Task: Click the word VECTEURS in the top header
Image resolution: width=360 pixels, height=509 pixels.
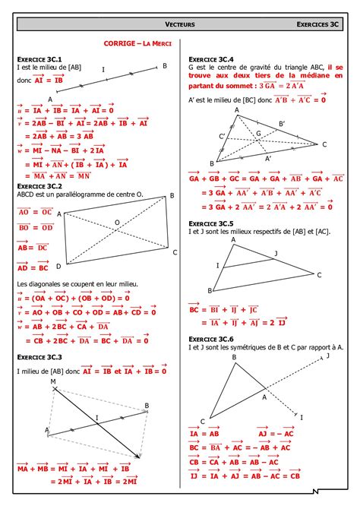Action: coord(180,25)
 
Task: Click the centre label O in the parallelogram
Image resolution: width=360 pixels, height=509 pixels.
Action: coord(117,222)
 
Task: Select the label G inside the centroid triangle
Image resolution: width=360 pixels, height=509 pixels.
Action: coord(258,134)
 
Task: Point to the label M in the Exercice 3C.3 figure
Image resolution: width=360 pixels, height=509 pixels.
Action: coord(53,381)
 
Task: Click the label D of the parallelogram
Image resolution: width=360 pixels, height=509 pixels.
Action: coord(58,267)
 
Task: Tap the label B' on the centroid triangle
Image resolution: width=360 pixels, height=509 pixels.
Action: coord(282,123)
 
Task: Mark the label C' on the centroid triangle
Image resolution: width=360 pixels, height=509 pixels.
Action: coord(222,136)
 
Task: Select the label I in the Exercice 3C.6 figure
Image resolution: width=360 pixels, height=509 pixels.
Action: coord(302,418)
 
